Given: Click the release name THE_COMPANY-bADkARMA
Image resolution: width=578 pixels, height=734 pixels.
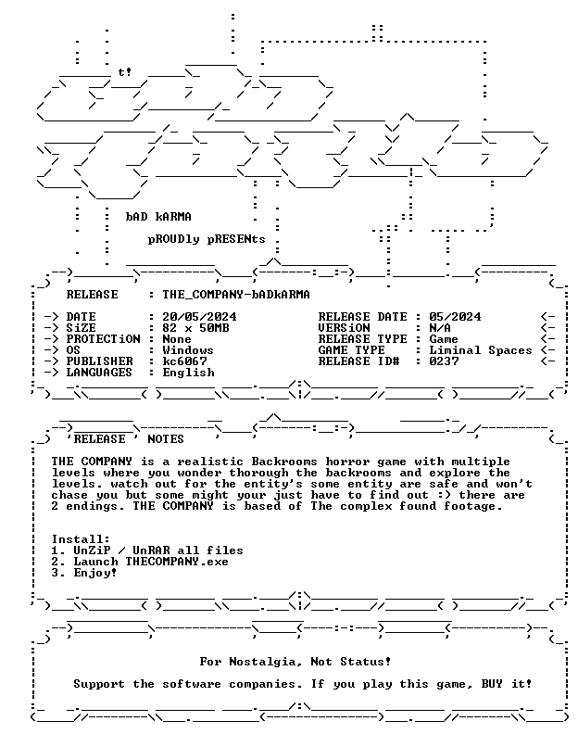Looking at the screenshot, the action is coord(236,295).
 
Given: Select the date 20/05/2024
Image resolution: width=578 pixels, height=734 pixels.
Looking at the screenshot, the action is coord(199,317).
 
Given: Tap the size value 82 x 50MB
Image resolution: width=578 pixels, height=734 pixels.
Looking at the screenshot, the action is coord(195,328).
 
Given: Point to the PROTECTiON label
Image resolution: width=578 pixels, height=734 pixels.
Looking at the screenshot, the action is coord(103,339).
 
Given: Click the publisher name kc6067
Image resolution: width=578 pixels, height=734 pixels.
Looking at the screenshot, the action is coord(184,361).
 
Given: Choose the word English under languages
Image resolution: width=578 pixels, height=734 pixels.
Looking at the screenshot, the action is coord(188,373).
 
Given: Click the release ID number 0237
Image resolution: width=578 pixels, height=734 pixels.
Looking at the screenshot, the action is coord(444,361).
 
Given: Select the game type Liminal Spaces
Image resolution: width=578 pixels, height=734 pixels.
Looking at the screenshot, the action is coord(481,350).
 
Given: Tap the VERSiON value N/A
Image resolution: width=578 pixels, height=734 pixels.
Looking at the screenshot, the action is coord(440,328).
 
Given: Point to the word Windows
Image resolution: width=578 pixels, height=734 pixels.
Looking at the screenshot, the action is coord(188,350).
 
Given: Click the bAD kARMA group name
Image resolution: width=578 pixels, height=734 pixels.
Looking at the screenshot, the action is coord(158,217).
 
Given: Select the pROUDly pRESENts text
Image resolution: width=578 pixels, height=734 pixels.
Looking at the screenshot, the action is coord(207,239).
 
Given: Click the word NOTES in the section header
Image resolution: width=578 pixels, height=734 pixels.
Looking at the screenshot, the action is coord(166,439).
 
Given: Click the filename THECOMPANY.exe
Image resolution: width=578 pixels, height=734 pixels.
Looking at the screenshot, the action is coord(177,562).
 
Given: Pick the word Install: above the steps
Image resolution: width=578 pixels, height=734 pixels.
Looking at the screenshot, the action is coord(81,539).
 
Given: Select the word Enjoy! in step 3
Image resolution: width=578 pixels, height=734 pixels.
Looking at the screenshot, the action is coord(95,573).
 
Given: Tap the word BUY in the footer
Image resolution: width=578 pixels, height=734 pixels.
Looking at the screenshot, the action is coord(492,684).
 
